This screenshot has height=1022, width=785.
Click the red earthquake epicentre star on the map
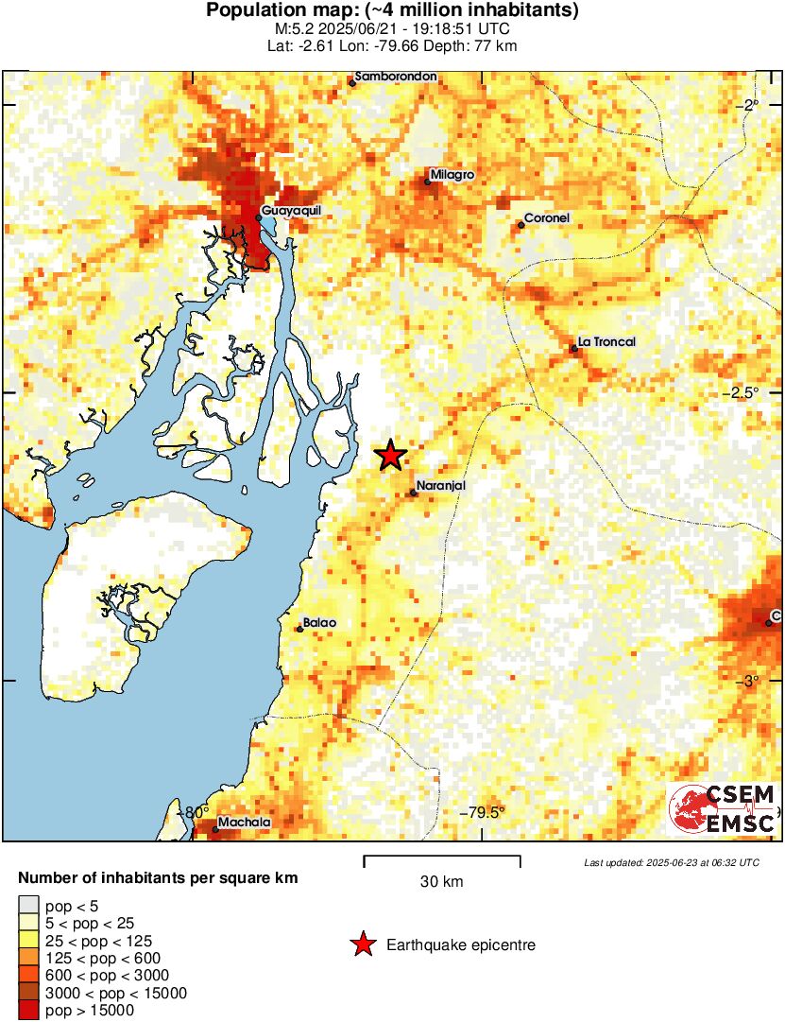[390, 456]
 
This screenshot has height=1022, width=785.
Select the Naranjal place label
[441, 485]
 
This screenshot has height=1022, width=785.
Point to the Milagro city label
[452, 175]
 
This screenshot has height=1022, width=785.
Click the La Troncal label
[606, 341]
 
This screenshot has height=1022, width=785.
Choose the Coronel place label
[548, 218]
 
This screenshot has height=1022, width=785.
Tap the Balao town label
[319, 623]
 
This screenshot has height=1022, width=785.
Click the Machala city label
[244, 823]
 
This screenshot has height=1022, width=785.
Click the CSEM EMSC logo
[723, 808]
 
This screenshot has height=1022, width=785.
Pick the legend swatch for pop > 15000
[29, 1010]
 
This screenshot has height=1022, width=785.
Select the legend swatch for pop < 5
[29, 906]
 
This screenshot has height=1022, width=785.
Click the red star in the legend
[362, 944]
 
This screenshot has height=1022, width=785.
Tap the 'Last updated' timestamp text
[671, 862]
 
